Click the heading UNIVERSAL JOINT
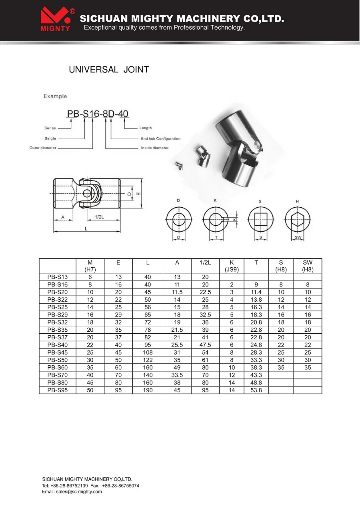[x=109, y=70]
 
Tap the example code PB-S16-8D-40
[x=98, y=114]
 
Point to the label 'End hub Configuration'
[x=160, y=139]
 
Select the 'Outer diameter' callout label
[x=43, y=148]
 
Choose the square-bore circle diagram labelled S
[x=260, y=219]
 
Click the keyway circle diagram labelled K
[x=216, y=219]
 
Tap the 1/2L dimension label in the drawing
[x=99, y=216]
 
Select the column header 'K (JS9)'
[x=232, y=266]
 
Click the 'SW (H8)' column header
[x=307, y=266]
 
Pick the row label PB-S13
[x=58, y=277]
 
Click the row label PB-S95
[x=58, y=390]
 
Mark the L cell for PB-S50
[x=148, y=360]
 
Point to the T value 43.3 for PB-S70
[x=256, y=375]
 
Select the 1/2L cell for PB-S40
[x=205, y=345]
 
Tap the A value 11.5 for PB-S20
[x=177, y=292]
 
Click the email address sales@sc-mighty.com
[x=79, y=491]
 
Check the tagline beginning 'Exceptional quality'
[x=164, y=28]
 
